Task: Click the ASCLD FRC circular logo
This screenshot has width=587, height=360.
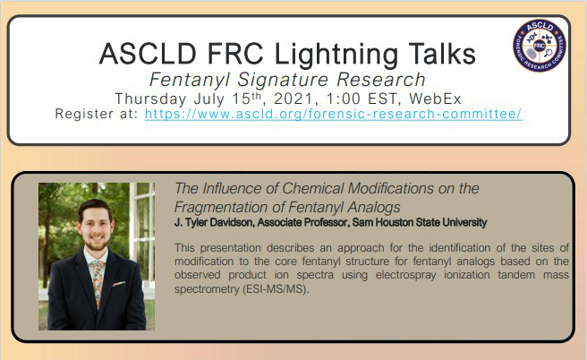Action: (x=540, y=47)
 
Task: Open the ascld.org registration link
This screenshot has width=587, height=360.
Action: (x=333, y=115)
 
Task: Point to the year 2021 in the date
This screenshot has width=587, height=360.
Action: (x=300, y=98)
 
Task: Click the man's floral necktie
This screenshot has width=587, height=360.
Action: (x=96, y=270)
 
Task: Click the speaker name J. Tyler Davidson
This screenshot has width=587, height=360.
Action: (x=220, y=222)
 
